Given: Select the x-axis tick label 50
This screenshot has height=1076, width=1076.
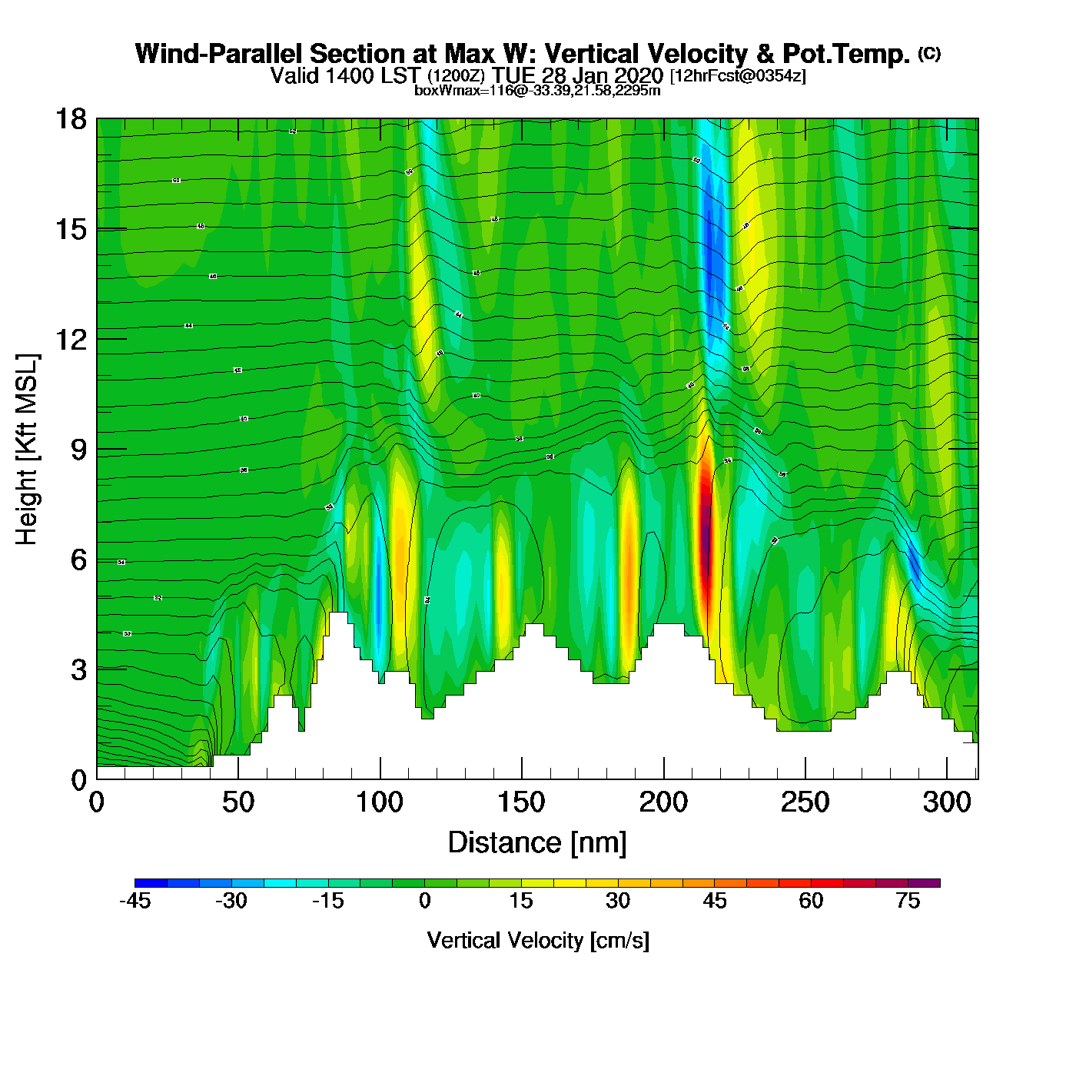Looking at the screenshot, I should [238, 802].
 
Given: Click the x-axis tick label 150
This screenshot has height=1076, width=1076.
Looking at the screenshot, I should [521, 802].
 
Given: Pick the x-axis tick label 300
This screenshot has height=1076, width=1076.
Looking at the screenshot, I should [947, 802].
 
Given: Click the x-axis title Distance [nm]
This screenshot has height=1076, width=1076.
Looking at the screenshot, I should [537, 842].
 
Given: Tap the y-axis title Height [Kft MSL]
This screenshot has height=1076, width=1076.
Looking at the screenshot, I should [27, 450].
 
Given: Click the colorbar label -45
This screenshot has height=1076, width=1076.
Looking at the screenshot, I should [134, 901].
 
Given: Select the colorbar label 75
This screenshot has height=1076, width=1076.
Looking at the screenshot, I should [908, 901].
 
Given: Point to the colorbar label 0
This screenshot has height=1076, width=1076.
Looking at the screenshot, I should [424, 901].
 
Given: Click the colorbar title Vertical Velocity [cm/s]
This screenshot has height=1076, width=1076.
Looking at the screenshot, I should [538, 940].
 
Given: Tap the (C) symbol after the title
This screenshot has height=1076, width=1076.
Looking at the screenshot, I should [928, 53].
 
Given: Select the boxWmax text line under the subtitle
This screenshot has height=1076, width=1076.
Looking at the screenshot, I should [537, 90].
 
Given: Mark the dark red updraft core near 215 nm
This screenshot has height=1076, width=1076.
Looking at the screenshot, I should [705, 530].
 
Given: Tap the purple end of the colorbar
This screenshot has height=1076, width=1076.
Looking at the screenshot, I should [932, 883].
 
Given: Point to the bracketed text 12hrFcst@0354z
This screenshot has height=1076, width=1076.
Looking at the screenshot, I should [738, 76].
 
